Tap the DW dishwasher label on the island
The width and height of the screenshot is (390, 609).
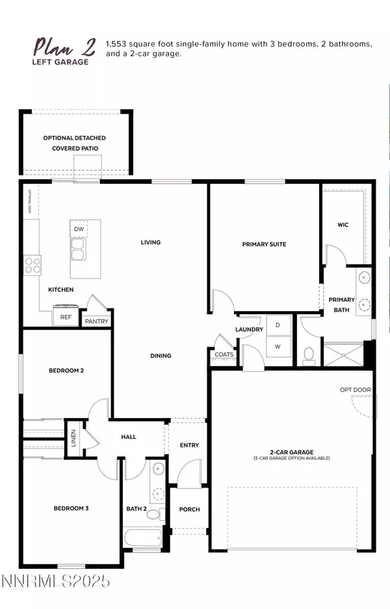click(79, 229)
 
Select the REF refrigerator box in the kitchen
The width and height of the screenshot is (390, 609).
click(66, 317)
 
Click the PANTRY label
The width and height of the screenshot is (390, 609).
click(96, 321)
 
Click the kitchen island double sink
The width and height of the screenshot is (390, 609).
click(79, 249)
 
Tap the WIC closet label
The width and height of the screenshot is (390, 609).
click(343, 225)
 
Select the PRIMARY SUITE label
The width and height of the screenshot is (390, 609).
click(264, 244)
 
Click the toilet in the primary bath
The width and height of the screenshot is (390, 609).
click(309, 354)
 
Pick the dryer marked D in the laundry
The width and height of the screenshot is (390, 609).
click(278, 324)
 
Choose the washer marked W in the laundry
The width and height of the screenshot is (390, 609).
click(278, 347)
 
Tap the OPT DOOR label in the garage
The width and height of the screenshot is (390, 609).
click(355, 390)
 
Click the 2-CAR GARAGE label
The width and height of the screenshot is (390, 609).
click(292, 452)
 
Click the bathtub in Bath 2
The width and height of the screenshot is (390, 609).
click(144, 538)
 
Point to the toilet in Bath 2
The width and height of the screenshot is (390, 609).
click(154, 514)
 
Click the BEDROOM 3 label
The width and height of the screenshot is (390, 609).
click(71, 508)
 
